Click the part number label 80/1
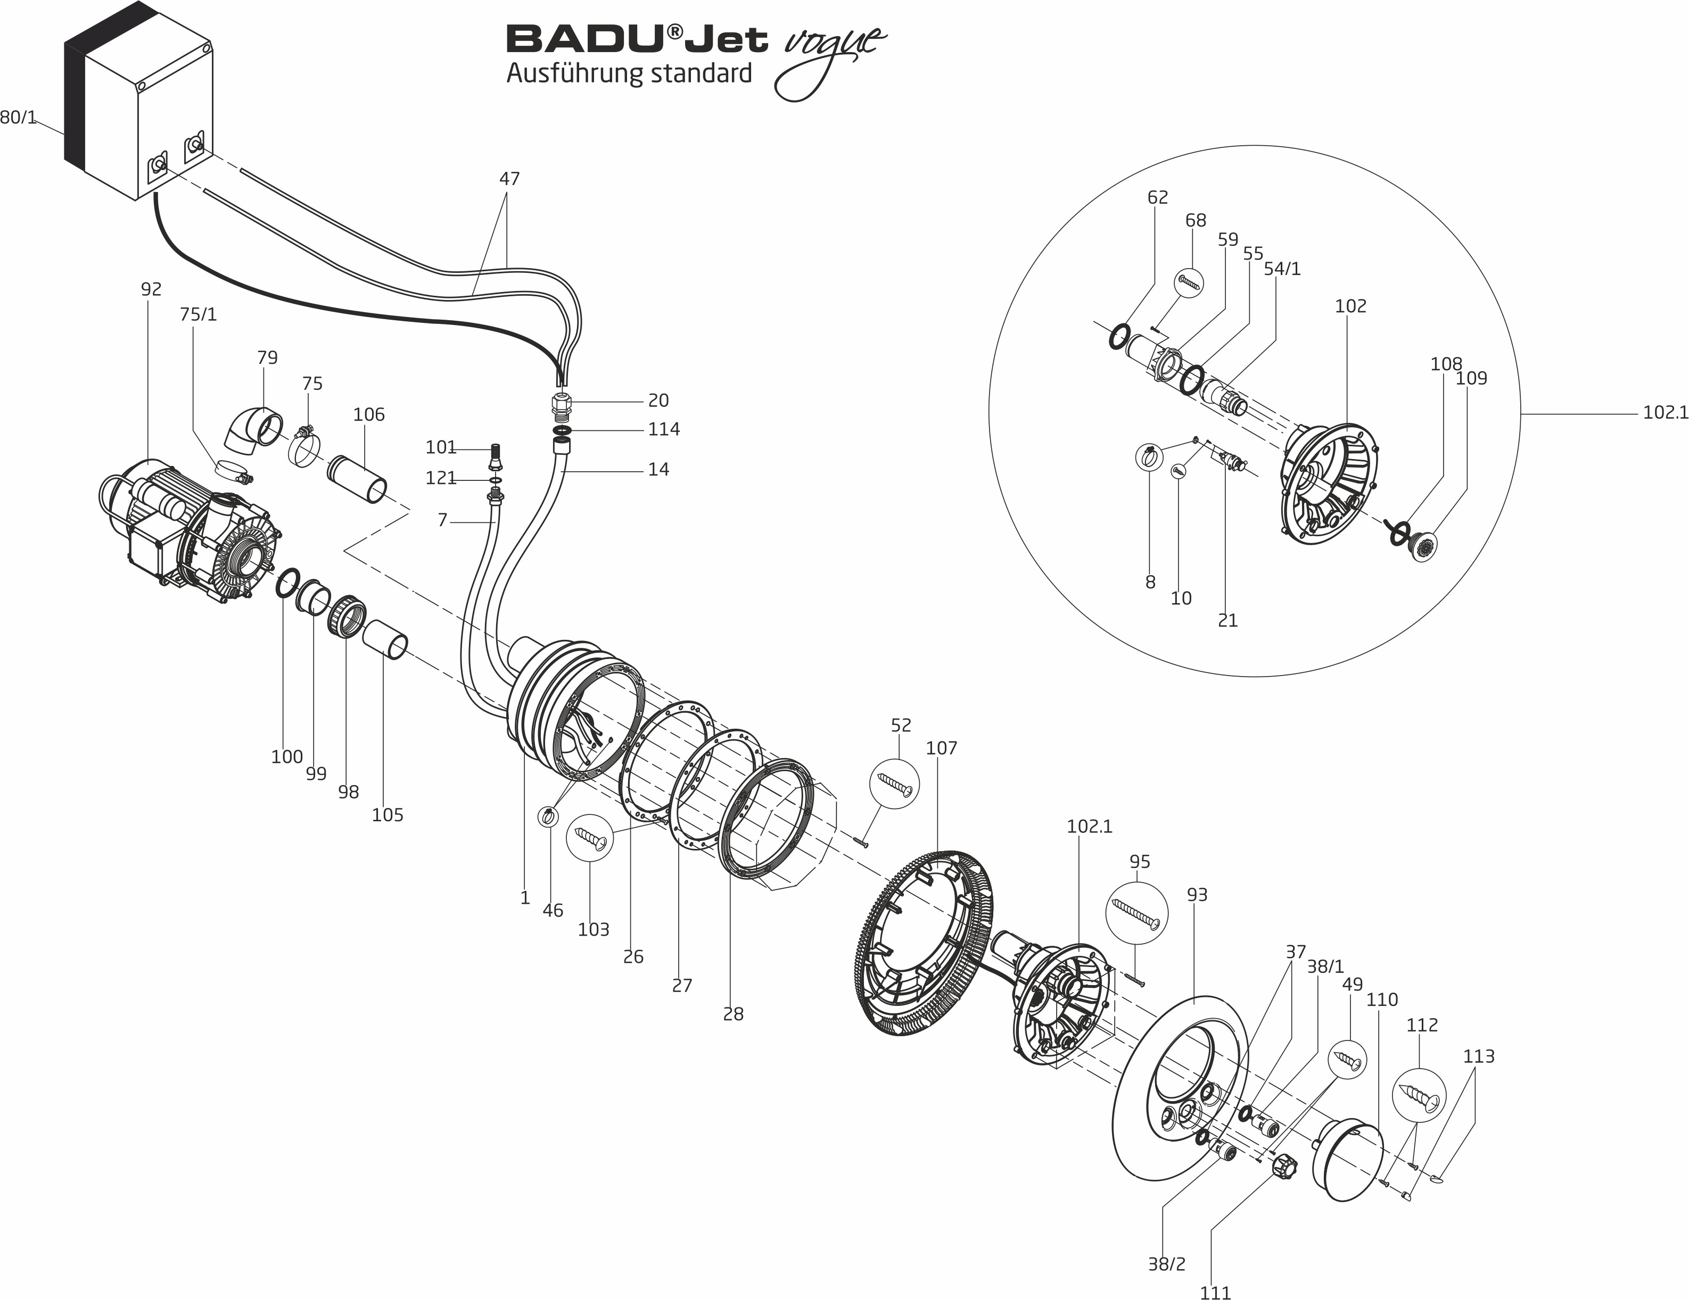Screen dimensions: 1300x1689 [x=19, y=118]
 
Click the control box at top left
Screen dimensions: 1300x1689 [x=139, y=108]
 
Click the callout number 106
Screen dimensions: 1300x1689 [x=369, y=414]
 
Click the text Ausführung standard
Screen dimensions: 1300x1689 [x=629, y=73]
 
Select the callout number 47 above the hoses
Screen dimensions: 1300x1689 [x=509, y=179]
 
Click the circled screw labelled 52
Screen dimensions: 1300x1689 [x=895, y=785]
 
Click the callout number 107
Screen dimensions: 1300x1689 [x=941, y=748]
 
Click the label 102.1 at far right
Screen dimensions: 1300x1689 [x=1665, y=413]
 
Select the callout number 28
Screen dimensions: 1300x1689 [x=733, y=1014]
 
